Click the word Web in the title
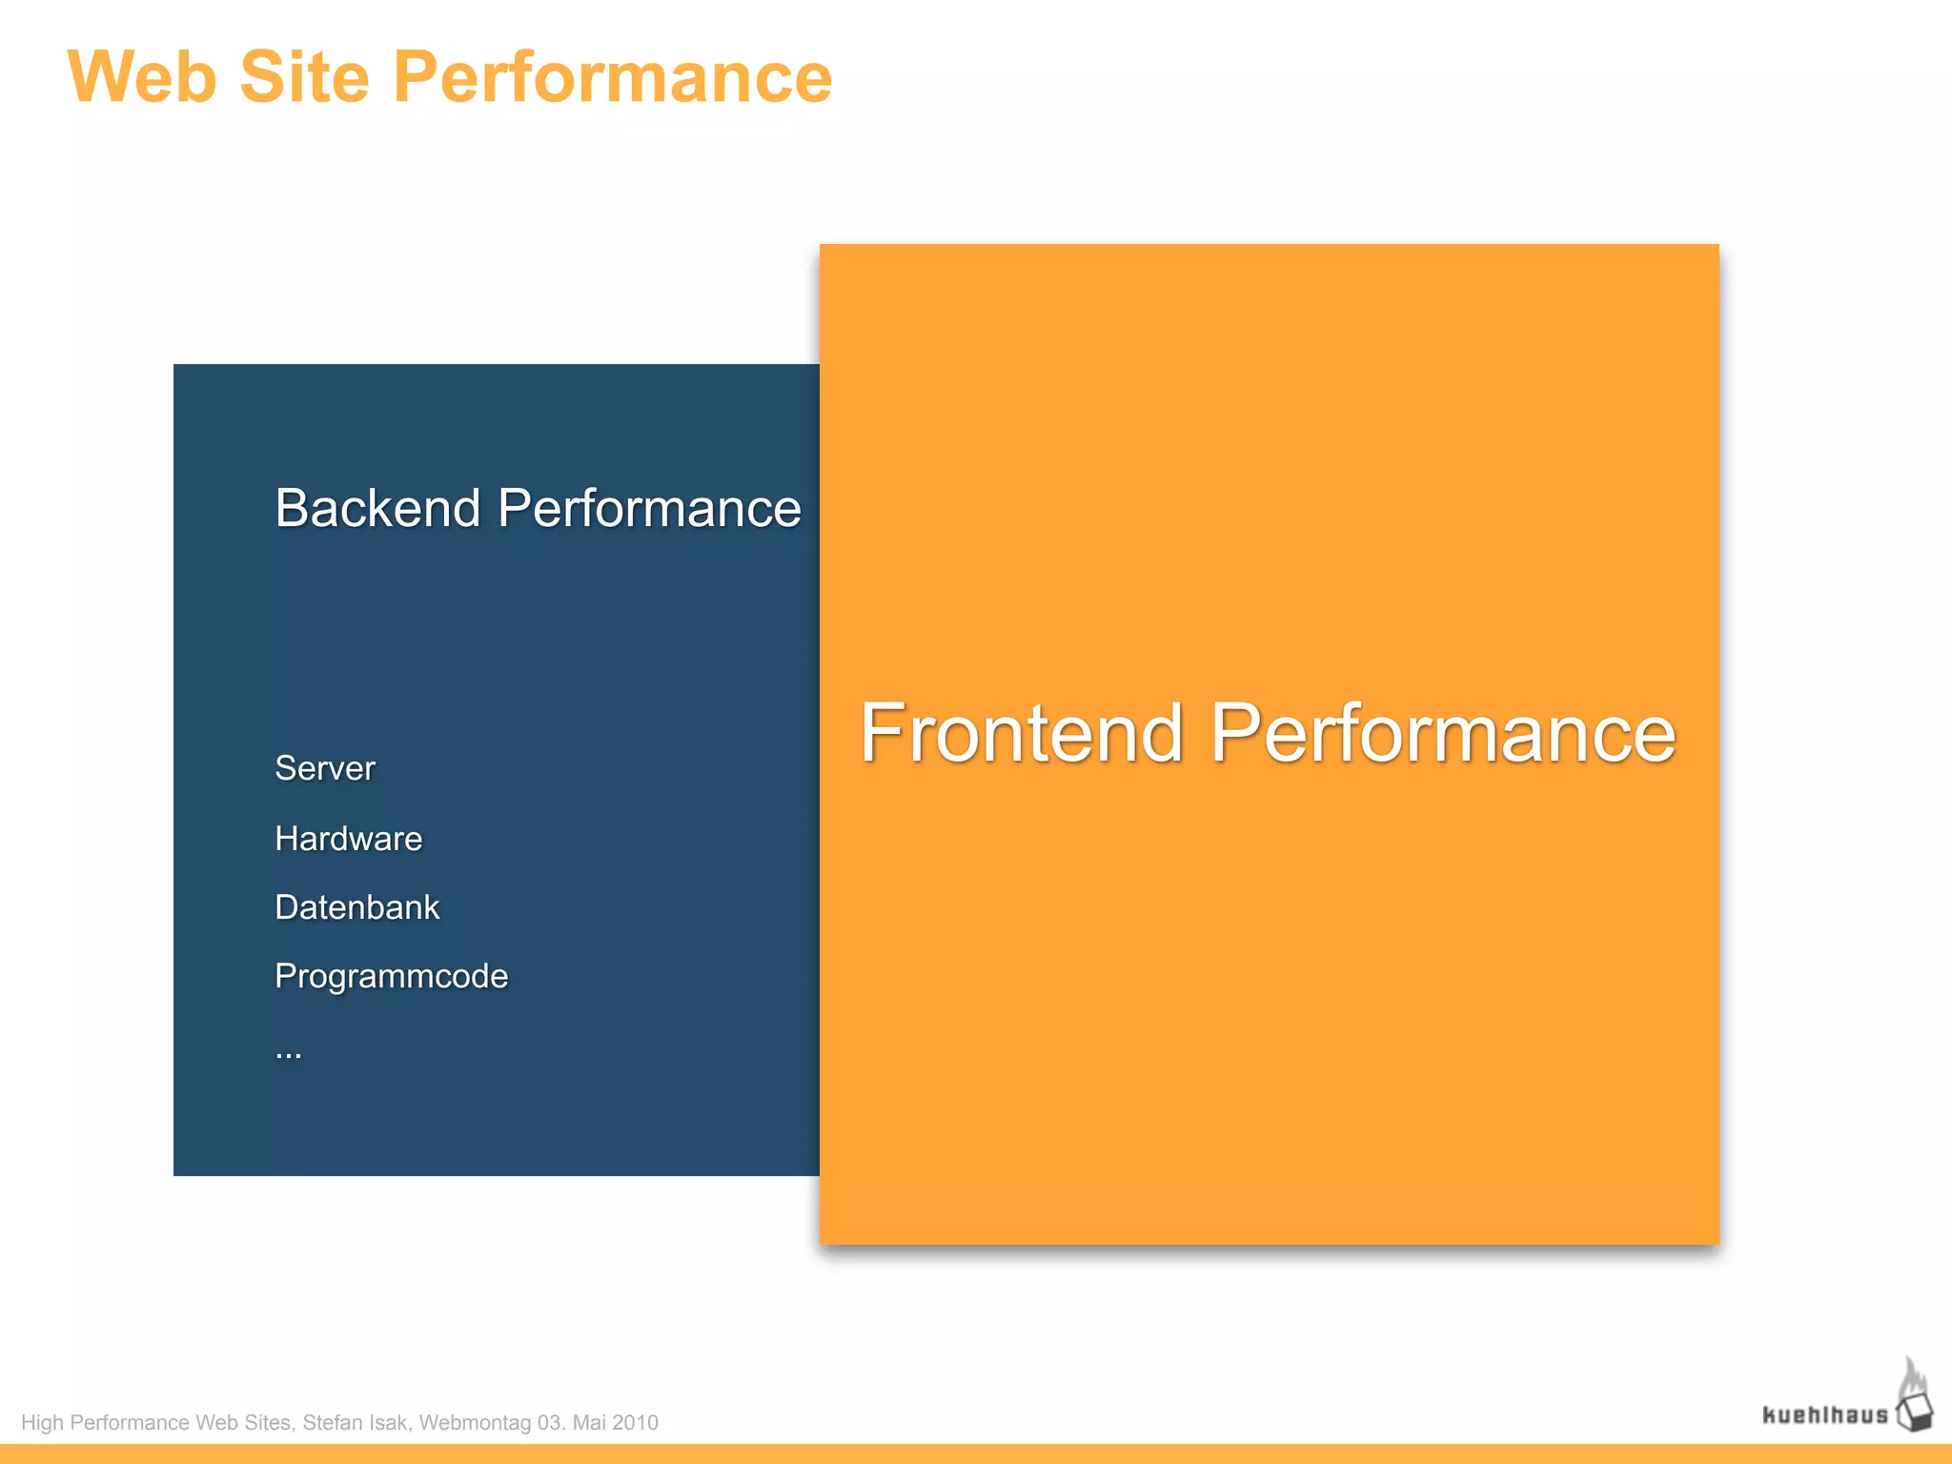[141, 78]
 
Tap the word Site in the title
[304, 78]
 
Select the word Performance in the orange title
[612, 78]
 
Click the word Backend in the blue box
[376, 508]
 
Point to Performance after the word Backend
[649, 508]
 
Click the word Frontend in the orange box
[1021, 733]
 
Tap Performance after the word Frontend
[1442, 733]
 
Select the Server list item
[325, 768]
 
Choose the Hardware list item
[348, 839]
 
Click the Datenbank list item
[356, 907]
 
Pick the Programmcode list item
[391, 976]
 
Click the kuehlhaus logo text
[1824, 1415]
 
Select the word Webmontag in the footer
[475, 1423]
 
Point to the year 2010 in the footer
[635, 1423]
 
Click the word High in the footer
[42, 1423]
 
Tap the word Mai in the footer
[588, 1423]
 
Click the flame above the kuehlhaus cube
[1912, 1376]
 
